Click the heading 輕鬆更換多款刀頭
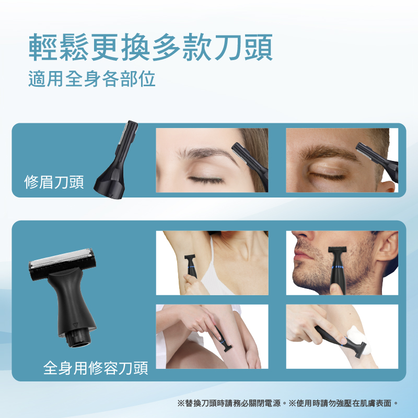click(150, 47)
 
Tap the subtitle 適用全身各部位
click(92, 79)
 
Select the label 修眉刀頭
click(54, 182)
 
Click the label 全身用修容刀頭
click(96, 368)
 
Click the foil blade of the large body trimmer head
click(61, 257)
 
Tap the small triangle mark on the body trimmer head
click(75, 324)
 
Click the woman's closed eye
click(206, 180)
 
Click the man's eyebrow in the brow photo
click(330, 152)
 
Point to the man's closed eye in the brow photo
click(327, 176)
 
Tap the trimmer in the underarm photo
click(191, 266)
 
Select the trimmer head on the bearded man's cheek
click(337, 250)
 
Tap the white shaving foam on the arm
click(358, 339)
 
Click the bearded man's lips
click(299, 252)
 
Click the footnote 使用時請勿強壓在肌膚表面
click(344, 403)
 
